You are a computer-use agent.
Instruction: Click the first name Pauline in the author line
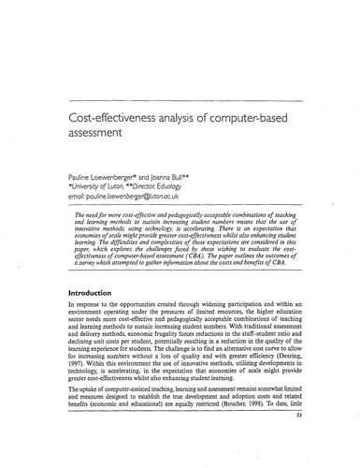click(x=82, y=175)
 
